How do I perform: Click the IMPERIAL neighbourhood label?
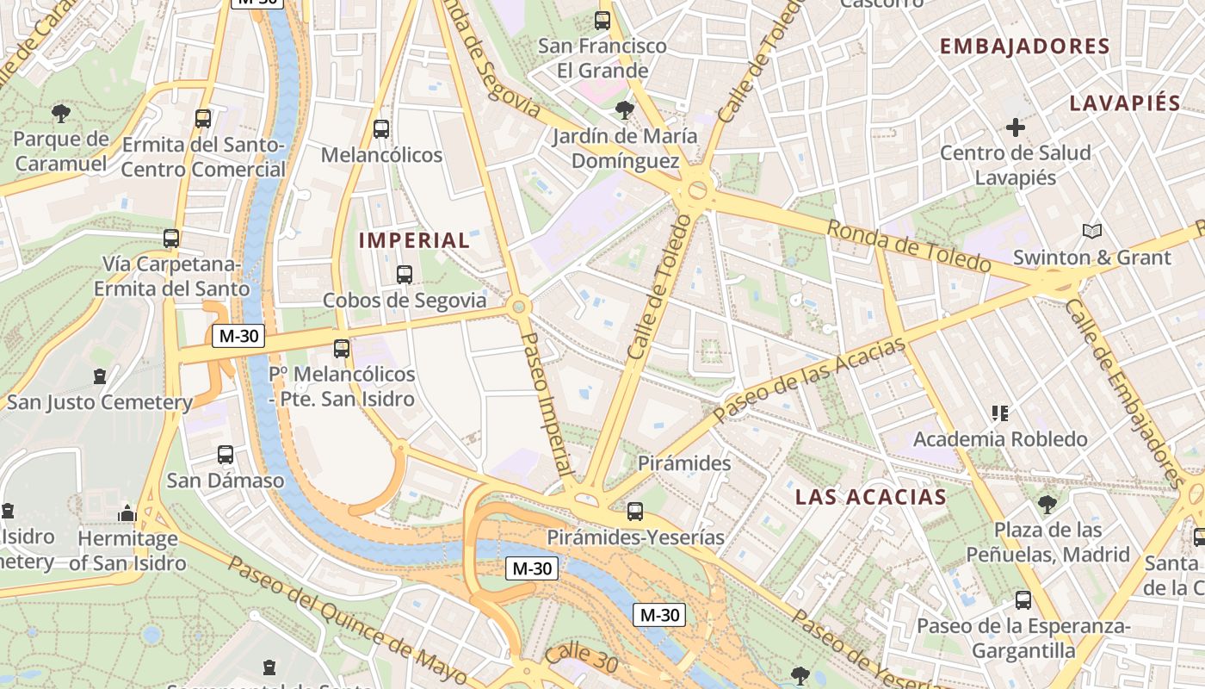pos(414,240)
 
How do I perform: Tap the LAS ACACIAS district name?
pos(870,497)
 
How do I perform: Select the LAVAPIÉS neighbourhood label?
pos(1124,103)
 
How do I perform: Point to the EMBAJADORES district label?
pos(1024,47)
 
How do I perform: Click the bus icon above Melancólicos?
pos(381,129)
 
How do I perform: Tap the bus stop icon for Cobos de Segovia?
pos(404,275)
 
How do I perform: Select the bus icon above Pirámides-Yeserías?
pos(635,512)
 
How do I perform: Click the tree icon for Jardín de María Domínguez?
pos(625,110)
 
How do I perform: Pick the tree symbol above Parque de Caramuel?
pos(60,113)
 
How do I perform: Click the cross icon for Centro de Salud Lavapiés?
pos(1016,127)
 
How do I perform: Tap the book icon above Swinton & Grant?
pos(1091,231)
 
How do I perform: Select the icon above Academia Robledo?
pos(999,413)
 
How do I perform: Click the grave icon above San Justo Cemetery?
pos(100,376)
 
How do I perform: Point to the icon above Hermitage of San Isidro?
pos(127,513)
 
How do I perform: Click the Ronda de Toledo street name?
pos(908,245)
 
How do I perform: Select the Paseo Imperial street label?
pos(548,405)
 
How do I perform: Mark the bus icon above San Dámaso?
pos(226,454)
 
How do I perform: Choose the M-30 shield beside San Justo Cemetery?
pos(238,336)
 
